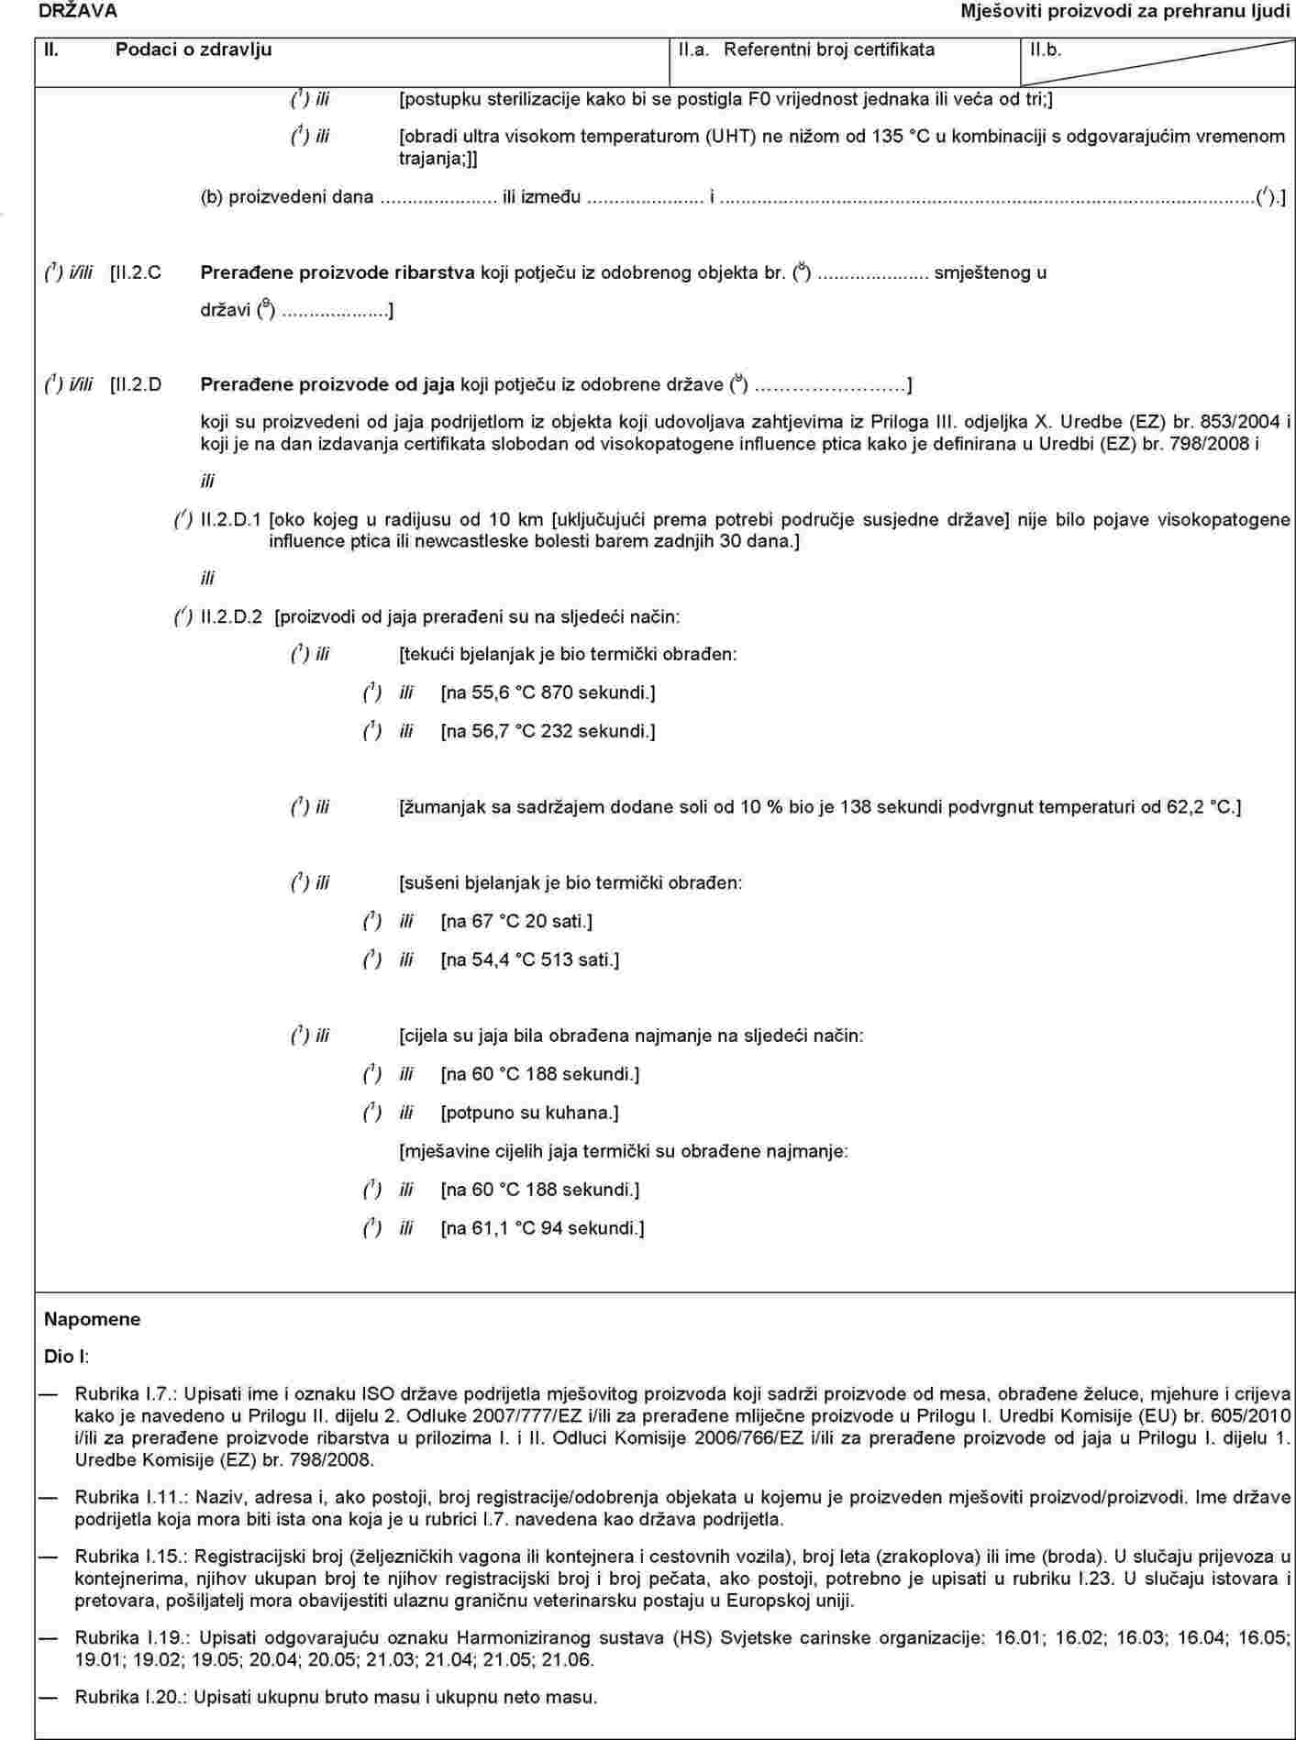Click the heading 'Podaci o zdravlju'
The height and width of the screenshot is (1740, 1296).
pos(194,50)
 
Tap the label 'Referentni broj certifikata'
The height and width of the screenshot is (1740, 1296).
pos(829,50)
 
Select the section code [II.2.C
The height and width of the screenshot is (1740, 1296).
pos(136,272)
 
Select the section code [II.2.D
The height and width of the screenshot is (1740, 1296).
pos(136,384)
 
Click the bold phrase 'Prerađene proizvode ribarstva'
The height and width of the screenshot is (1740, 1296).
pos(338,272)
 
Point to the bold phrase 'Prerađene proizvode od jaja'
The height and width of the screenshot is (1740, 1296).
pos(327,384)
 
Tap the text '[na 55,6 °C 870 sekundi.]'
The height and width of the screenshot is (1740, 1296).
pos(548,693)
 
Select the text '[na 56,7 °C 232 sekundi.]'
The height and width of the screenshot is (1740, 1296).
pos(548,731)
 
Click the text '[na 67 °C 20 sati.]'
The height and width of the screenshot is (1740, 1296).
pos(516,921)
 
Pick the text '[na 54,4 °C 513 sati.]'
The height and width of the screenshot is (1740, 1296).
pos(529,960)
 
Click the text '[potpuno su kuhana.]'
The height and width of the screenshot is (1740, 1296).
pos(529,1113)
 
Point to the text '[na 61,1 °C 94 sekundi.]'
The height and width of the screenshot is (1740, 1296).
pos(542,1228)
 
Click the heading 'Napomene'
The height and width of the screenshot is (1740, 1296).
pos(93,1319)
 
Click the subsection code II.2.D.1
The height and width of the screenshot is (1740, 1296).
pos(230,520)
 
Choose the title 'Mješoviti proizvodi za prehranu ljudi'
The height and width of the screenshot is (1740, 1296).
pos(1125,11)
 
